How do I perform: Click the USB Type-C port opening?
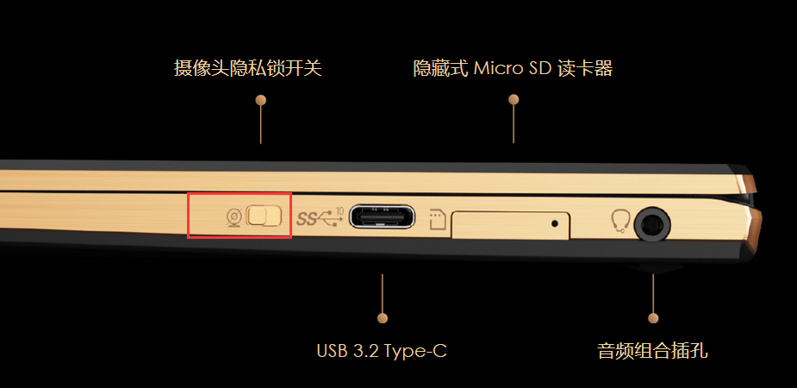click(382, 216)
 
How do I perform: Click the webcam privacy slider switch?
click(264, 216)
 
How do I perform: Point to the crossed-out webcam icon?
click(233, 218)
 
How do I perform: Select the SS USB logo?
click(317, 219)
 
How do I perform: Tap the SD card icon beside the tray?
click(439, 220)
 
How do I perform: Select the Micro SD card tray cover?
click(510, 225)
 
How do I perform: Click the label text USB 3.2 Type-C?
click(382, 351)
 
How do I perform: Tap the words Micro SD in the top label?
click(513, 68)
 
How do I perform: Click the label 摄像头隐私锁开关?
click(248, 68)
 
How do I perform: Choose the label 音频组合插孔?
click(652, 351)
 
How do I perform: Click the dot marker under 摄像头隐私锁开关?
click(261, 100)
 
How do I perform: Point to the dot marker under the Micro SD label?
click(514, 99)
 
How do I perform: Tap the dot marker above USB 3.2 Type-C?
click(383, 318)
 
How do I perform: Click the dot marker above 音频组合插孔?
click(653, 318)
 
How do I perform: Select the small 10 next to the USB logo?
click(340, 210)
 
